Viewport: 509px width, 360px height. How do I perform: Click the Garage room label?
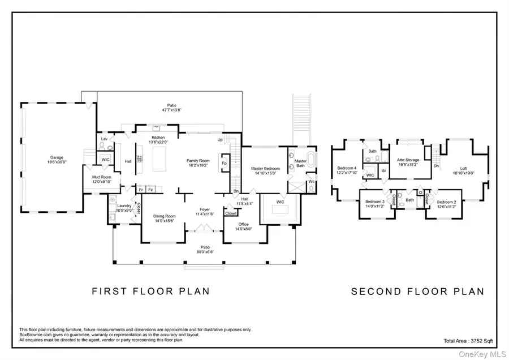click(x=57, y=157)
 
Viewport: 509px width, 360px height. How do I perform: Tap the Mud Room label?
click(x=102, y=177)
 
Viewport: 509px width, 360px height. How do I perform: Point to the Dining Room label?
click(x=165, y=216)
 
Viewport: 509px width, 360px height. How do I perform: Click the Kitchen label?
click(x=158, y=138)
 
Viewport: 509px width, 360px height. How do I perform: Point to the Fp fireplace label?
click(x=225, y=164)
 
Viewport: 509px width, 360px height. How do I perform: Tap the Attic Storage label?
click(x=408, y=160)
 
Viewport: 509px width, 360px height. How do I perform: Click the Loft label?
click(x=463, y=168)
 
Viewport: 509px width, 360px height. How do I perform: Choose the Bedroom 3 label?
click(x=374, y=202)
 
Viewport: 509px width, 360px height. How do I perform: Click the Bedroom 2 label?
click(x=446, y=202)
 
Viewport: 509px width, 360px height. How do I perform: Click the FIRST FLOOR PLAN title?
click(x=151, y=292)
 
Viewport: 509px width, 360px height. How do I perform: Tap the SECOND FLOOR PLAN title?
click(x=418, y=292)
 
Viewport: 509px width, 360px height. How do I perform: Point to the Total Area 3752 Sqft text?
click(x=469, y=341)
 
